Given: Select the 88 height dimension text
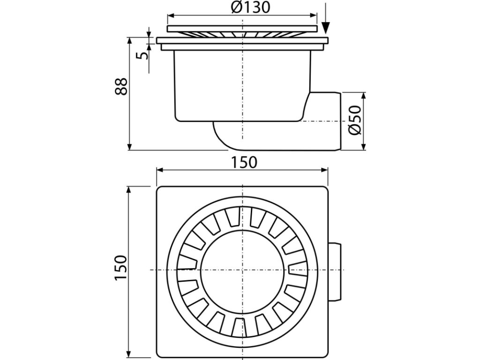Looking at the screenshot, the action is click(121, 86).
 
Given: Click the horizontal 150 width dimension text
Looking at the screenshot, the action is click(244, 162).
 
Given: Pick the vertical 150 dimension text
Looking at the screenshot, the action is click(121, 269).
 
